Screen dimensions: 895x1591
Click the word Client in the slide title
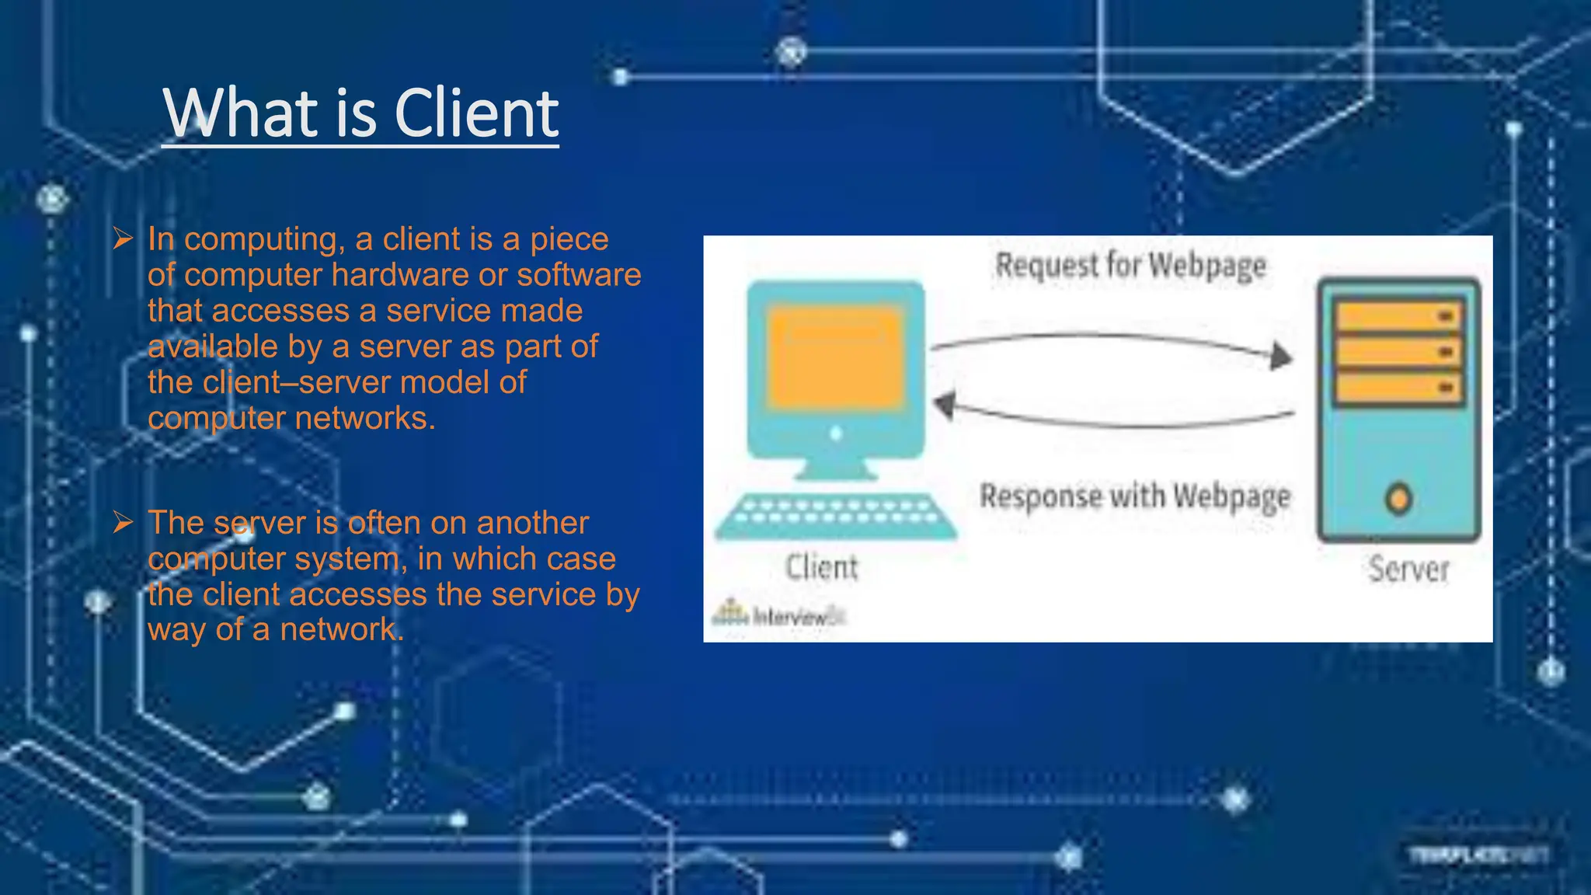point(476,113)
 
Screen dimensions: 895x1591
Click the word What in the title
point(240,113)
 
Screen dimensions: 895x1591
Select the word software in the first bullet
point(579,275)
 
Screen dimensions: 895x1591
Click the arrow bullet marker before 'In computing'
point(123,239)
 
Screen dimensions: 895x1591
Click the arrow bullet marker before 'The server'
point(123,522)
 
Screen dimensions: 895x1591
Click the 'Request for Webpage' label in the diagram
point(1130,266)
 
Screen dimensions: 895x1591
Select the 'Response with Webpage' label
point(1134,496)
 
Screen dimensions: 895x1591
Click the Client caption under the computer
point(821,567)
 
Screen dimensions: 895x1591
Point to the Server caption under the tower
point(1408,569)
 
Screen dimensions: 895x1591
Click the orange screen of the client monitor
point(835,357)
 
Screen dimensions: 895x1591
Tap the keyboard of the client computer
point(835,516)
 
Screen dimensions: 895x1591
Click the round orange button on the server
point(1399,499)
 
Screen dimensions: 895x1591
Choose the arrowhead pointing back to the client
point(945,405)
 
